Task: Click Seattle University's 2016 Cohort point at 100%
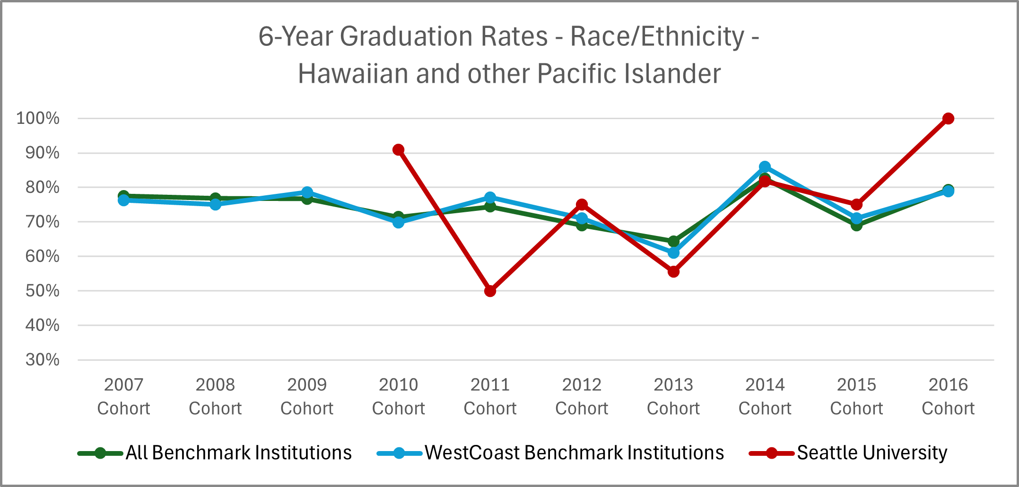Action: click(948, 118)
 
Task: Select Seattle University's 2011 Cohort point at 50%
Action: click(490, 291)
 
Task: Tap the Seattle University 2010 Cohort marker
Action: click(399, 150)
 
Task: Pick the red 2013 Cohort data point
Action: click(674, 271)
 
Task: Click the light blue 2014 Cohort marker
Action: click(765, 167)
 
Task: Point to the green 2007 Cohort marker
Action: click(123, 195)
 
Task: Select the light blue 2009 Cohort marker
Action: click(307, 192)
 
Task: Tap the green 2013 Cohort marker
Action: click(674, 242)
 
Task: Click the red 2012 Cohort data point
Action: click(582, 205)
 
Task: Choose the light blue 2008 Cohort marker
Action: click(216, 204)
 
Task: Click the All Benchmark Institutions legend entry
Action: click(215, 453)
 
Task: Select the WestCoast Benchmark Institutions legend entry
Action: click(551, 453)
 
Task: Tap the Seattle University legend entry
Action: click(849, 453)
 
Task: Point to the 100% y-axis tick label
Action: click(38, 118)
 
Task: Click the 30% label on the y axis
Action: click(43, 360)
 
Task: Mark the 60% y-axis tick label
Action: click(43, 256)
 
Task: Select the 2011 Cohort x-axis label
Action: click(490, 396)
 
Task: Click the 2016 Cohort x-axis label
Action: click(948, 396)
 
